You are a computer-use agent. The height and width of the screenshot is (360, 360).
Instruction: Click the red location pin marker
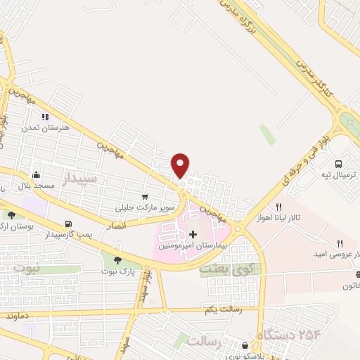pos(181,165)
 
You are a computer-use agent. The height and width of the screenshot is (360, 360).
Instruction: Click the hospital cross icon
pos(193,233)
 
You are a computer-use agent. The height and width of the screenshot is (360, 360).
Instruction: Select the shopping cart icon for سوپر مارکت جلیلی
pos(145,198)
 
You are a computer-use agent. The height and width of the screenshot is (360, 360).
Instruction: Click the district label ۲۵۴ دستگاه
pos(285,333)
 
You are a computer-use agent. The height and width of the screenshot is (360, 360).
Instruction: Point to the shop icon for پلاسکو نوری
pos(245,346)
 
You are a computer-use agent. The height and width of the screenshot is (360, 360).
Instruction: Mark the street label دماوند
pos(15,316)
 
